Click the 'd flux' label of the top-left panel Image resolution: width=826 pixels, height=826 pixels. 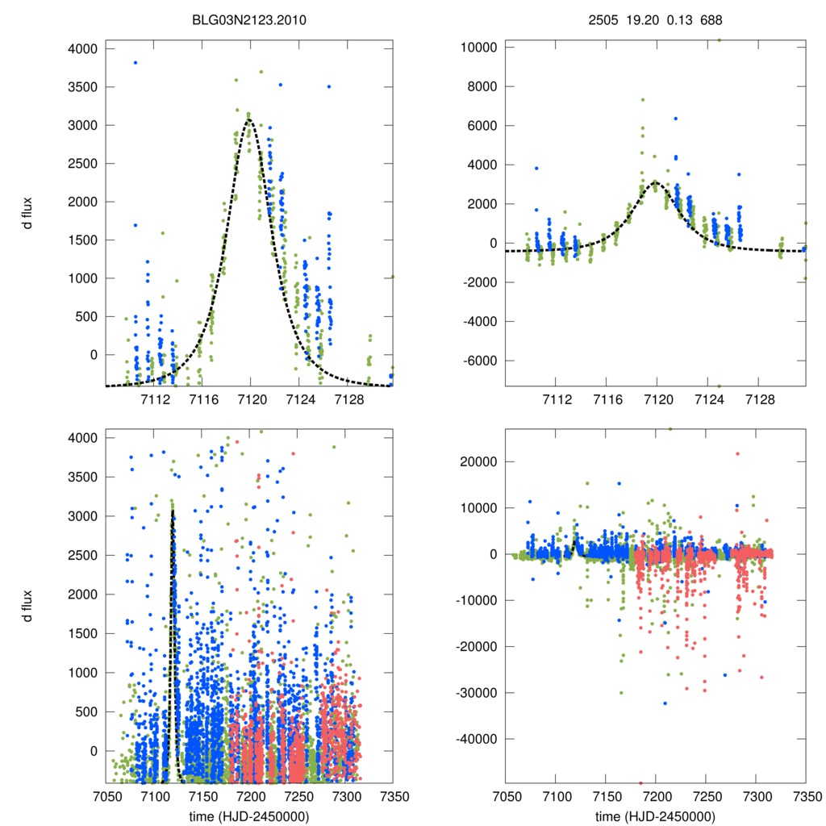pos(27,217)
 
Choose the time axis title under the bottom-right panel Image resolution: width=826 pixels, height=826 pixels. pos(655,816)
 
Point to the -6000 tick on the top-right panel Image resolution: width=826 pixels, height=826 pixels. pos(482,361)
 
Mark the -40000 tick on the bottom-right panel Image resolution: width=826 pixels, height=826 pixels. pos(479,739)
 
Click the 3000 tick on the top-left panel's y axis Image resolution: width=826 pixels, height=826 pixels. pos(83,125)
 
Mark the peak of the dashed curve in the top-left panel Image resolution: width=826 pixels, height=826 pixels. pos(249,119)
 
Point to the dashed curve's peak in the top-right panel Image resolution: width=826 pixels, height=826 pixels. pos(656,182)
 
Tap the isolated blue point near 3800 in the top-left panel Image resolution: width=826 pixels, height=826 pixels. pos(136,62)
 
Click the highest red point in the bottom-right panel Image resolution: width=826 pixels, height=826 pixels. pos(737,453)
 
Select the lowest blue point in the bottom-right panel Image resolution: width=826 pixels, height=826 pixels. pos(665,703)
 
